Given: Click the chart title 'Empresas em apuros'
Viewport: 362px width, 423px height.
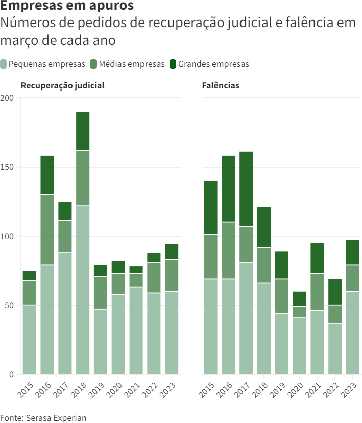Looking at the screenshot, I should [x=67, y=7].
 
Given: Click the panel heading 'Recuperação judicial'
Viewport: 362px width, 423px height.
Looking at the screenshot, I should [x=62, y=85].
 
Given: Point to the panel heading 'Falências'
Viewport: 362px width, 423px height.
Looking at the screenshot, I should [x=221, y=85].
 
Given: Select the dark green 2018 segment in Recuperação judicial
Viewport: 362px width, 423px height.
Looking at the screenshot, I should [x=83, y=131].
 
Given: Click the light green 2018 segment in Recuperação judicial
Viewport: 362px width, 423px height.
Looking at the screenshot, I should [x=83, y=290].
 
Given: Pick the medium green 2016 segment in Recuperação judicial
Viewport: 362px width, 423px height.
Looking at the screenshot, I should [x=47, y=230].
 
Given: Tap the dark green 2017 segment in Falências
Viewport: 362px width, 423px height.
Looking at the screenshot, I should [x=246, y=189].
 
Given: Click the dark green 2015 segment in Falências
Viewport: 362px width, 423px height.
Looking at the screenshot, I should [x=210, y=208].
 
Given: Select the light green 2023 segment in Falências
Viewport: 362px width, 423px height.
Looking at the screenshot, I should [x=353, y=332].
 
